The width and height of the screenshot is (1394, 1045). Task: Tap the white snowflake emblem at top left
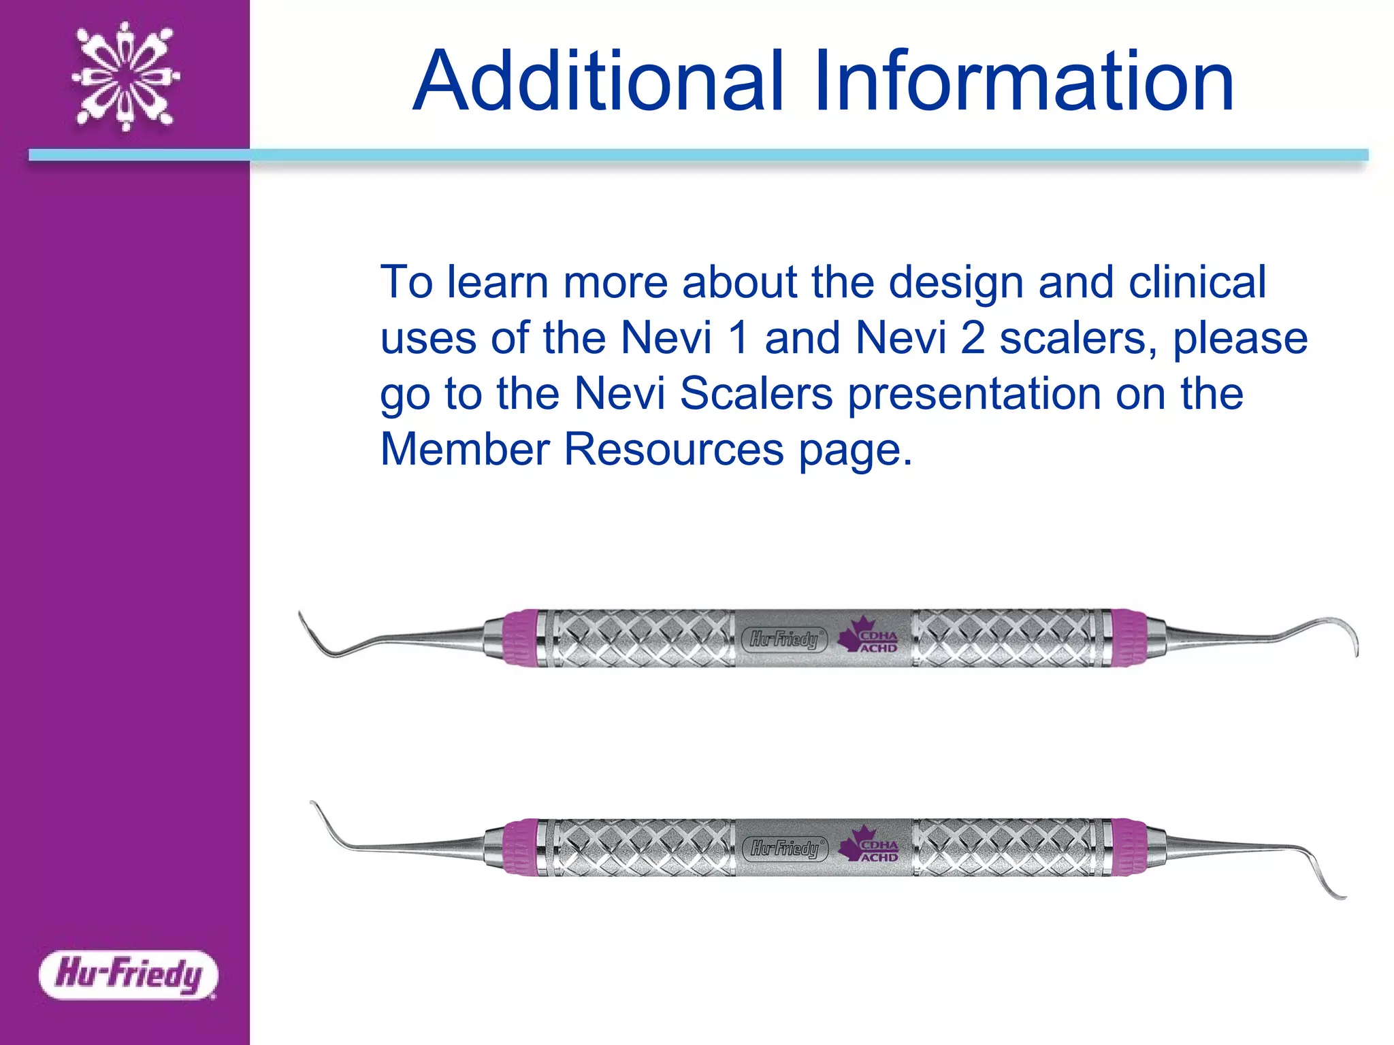coord(125,76)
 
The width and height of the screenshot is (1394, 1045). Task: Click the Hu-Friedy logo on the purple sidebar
coord(128,974)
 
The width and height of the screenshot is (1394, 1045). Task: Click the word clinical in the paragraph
coord(1197,282)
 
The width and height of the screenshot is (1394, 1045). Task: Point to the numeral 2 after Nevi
coord(973,338)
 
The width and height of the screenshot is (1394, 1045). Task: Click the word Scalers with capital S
coord(756,394)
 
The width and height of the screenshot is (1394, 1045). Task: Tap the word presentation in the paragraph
coord(974,394)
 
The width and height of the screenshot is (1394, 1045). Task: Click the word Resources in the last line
coord(674,450)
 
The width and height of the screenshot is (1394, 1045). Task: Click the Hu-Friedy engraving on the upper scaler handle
coord(784,640)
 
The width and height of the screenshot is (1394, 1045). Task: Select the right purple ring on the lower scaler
coord(1129,847)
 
